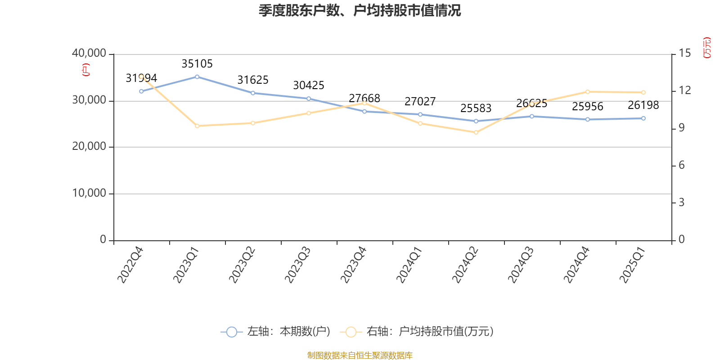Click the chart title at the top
pos(360,10)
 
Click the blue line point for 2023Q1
pos(197,76)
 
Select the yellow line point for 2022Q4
pos(141,76)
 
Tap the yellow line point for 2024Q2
pos(476,132)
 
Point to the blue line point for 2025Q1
pos(643,118)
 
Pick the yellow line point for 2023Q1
pos(197,126)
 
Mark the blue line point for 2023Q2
pos(253,93)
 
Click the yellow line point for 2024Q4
pos(588,92)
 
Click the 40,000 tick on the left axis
pos(89,54)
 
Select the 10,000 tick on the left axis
pos(89,193)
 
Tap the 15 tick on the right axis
pos(685,53)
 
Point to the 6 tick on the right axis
pos(682,166)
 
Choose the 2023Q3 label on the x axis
pos(297,265)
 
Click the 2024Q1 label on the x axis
pos(409,265)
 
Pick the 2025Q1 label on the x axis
pos(632,265)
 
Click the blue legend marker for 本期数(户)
pos(231,332)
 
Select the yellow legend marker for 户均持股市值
pos(351,332)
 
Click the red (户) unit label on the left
pos(85,70)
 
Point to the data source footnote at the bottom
pos(360,355)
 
